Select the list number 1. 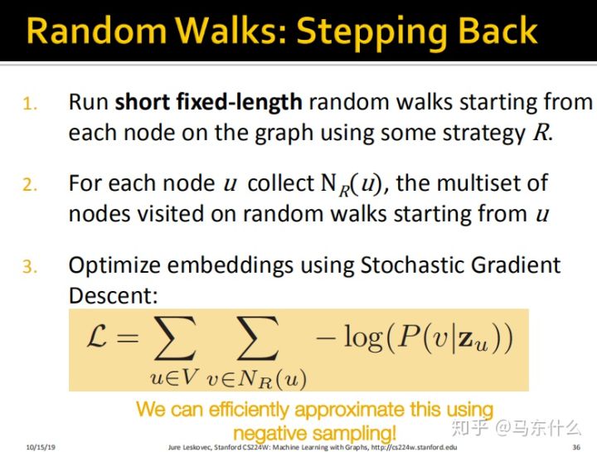29,105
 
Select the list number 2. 29,185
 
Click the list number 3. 29,267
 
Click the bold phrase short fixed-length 208,103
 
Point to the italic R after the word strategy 540,133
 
